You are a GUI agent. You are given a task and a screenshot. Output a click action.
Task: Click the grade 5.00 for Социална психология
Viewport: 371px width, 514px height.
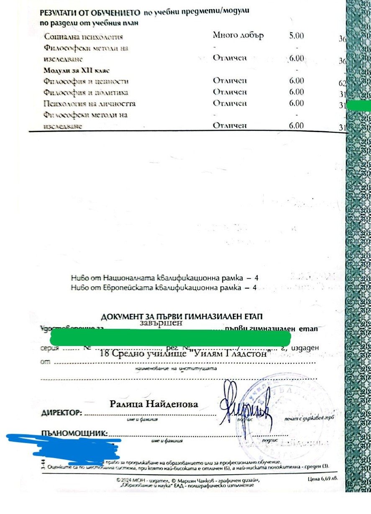tap(296, 36)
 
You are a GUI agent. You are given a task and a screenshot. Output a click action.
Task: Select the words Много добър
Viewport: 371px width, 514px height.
tap(238, 36)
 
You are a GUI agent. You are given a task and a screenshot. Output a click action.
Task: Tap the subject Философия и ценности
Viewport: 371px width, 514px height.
tap(86, 81)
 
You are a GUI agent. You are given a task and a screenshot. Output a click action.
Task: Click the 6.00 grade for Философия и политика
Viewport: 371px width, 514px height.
tap(296, 92)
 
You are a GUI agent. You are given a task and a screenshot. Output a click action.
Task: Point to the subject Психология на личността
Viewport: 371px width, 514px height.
tap(90, 103)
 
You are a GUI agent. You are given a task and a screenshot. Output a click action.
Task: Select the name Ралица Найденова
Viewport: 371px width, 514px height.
tap(154, 404)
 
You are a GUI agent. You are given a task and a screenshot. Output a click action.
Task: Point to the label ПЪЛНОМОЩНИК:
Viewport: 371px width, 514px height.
tap(74, 433)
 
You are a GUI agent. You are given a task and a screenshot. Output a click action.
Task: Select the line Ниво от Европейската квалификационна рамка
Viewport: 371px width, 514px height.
tap(163, 288)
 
